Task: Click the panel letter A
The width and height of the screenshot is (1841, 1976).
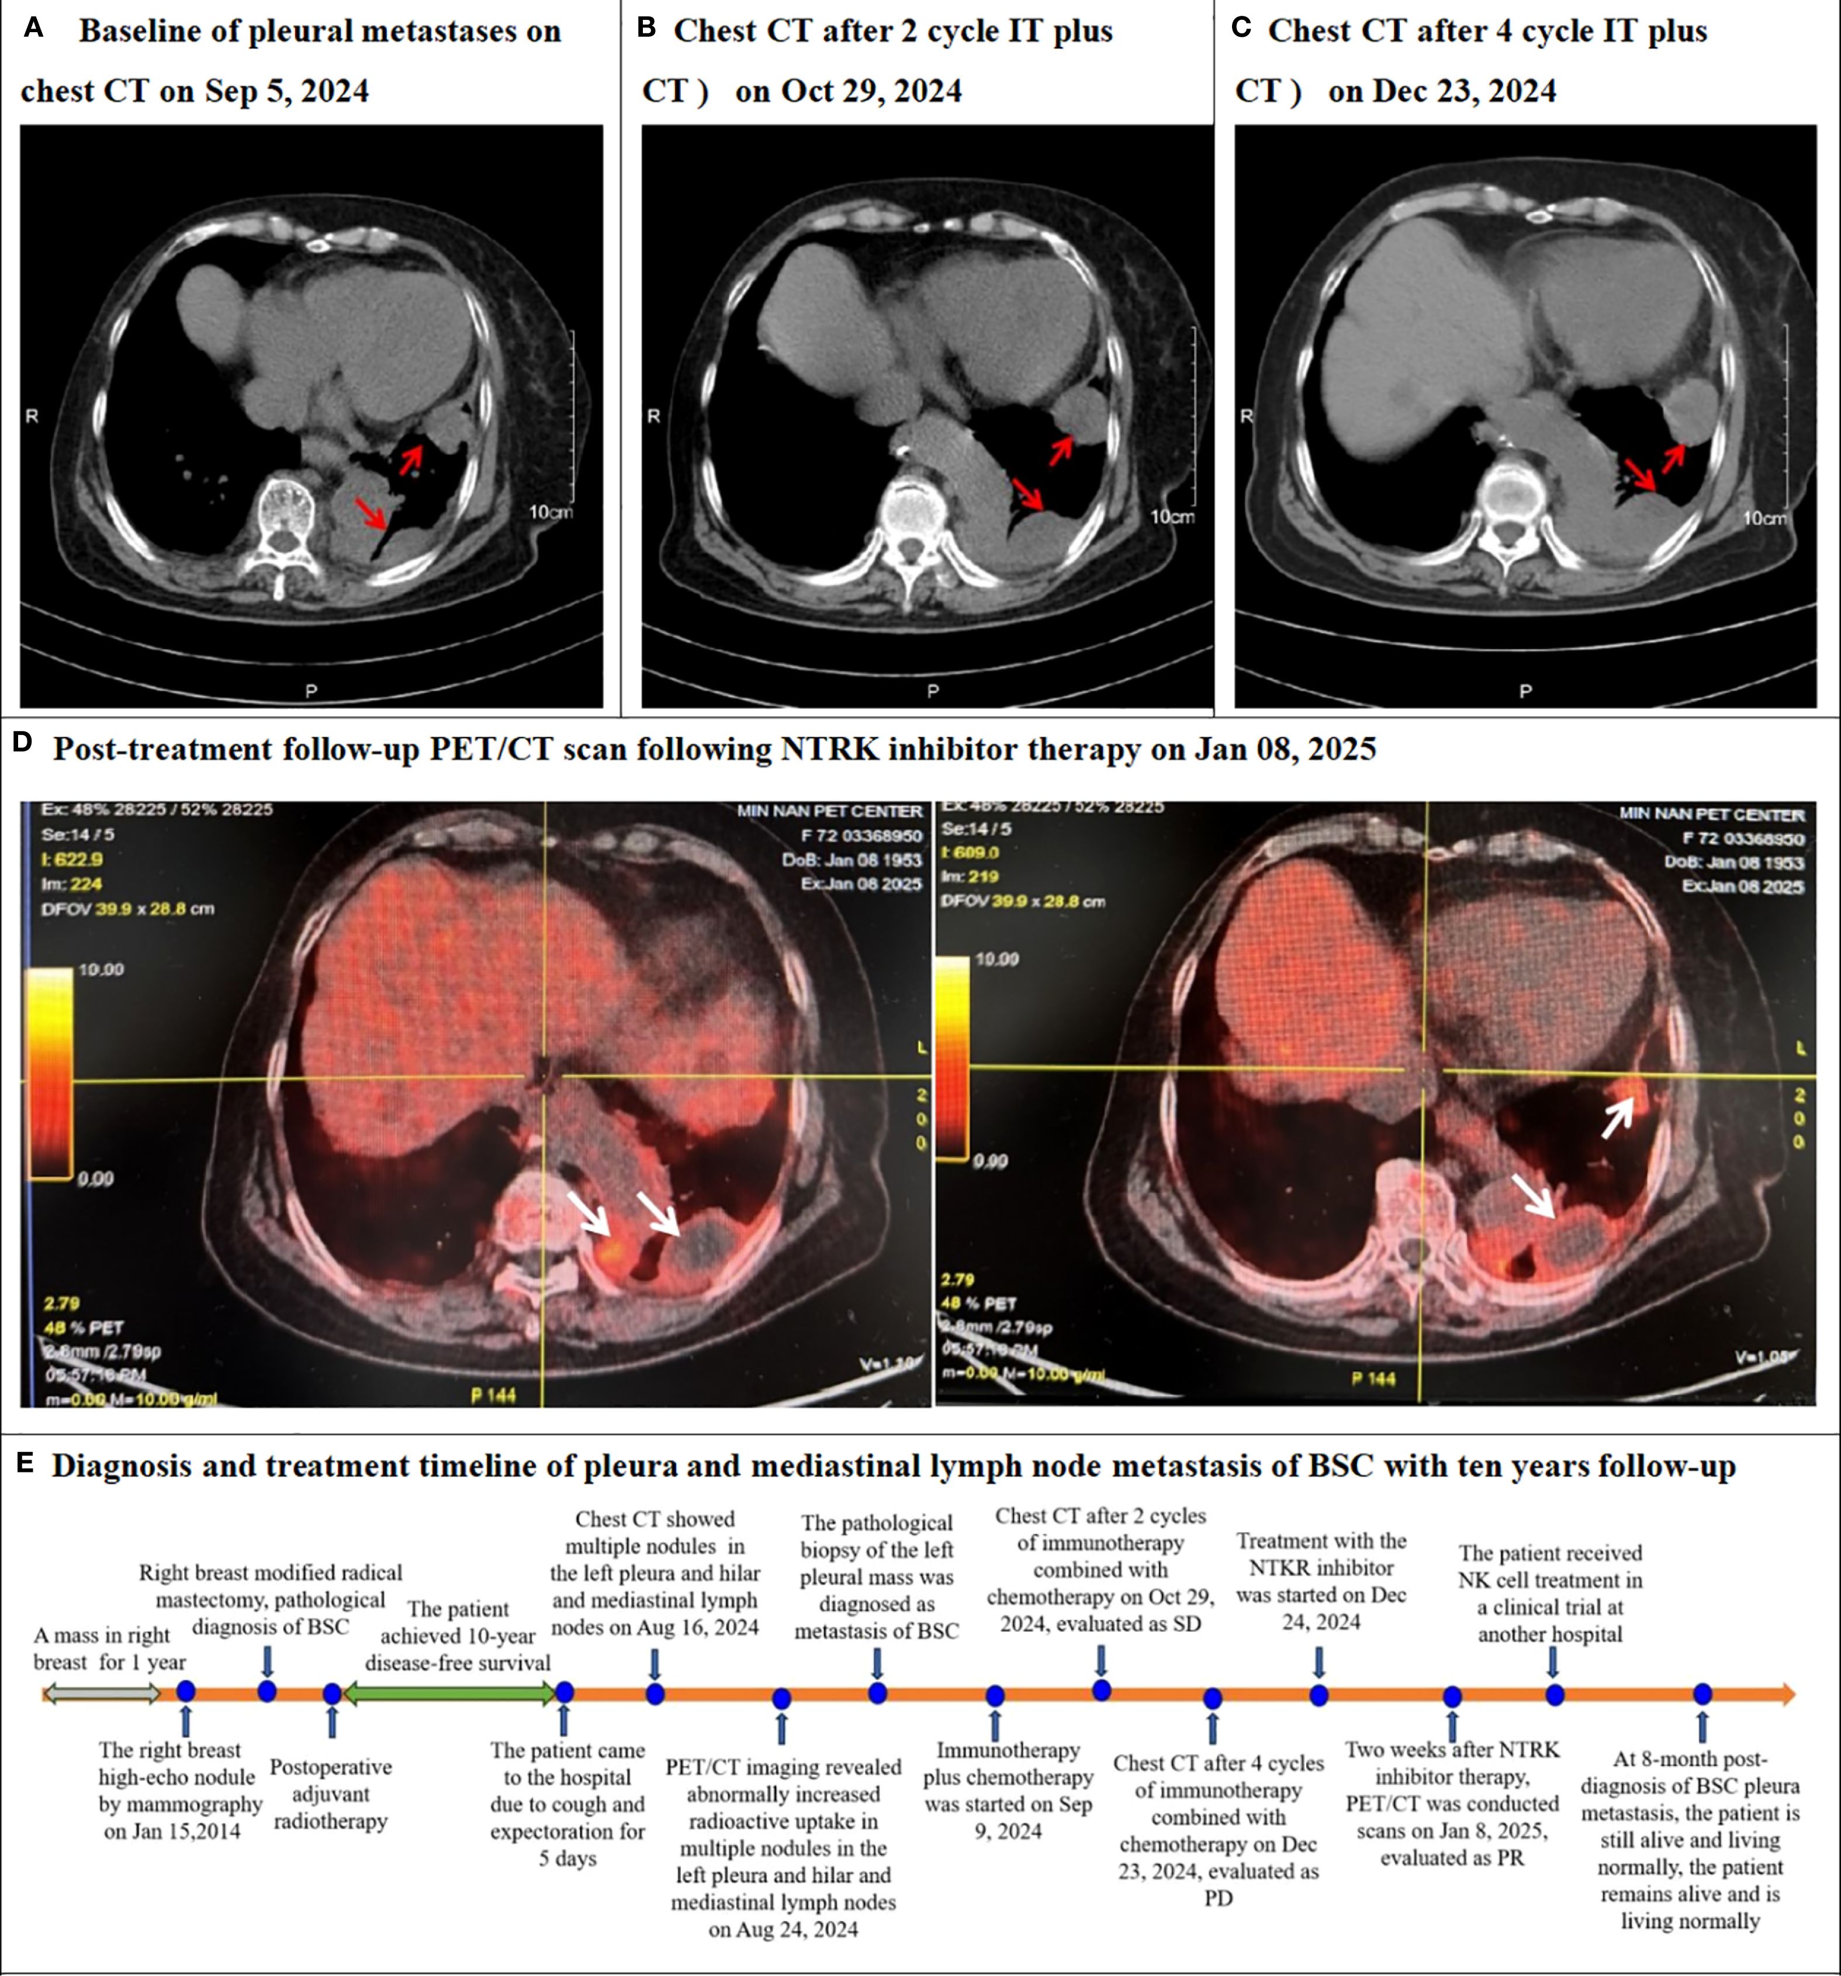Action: click(x=33, y=29)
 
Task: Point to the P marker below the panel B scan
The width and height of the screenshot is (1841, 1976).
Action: click(x=932, y=690)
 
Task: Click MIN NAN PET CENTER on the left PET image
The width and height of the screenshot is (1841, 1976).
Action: click(x=829, y=812)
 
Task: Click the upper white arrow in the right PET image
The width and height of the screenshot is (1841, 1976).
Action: click(x=1617, y=1117)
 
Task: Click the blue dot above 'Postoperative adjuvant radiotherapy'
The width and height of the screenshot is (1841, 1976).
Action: click(x=332, y=1694)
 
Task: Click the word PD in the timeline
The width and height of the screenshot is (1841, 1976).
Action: click(x=1218, y=1898)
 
